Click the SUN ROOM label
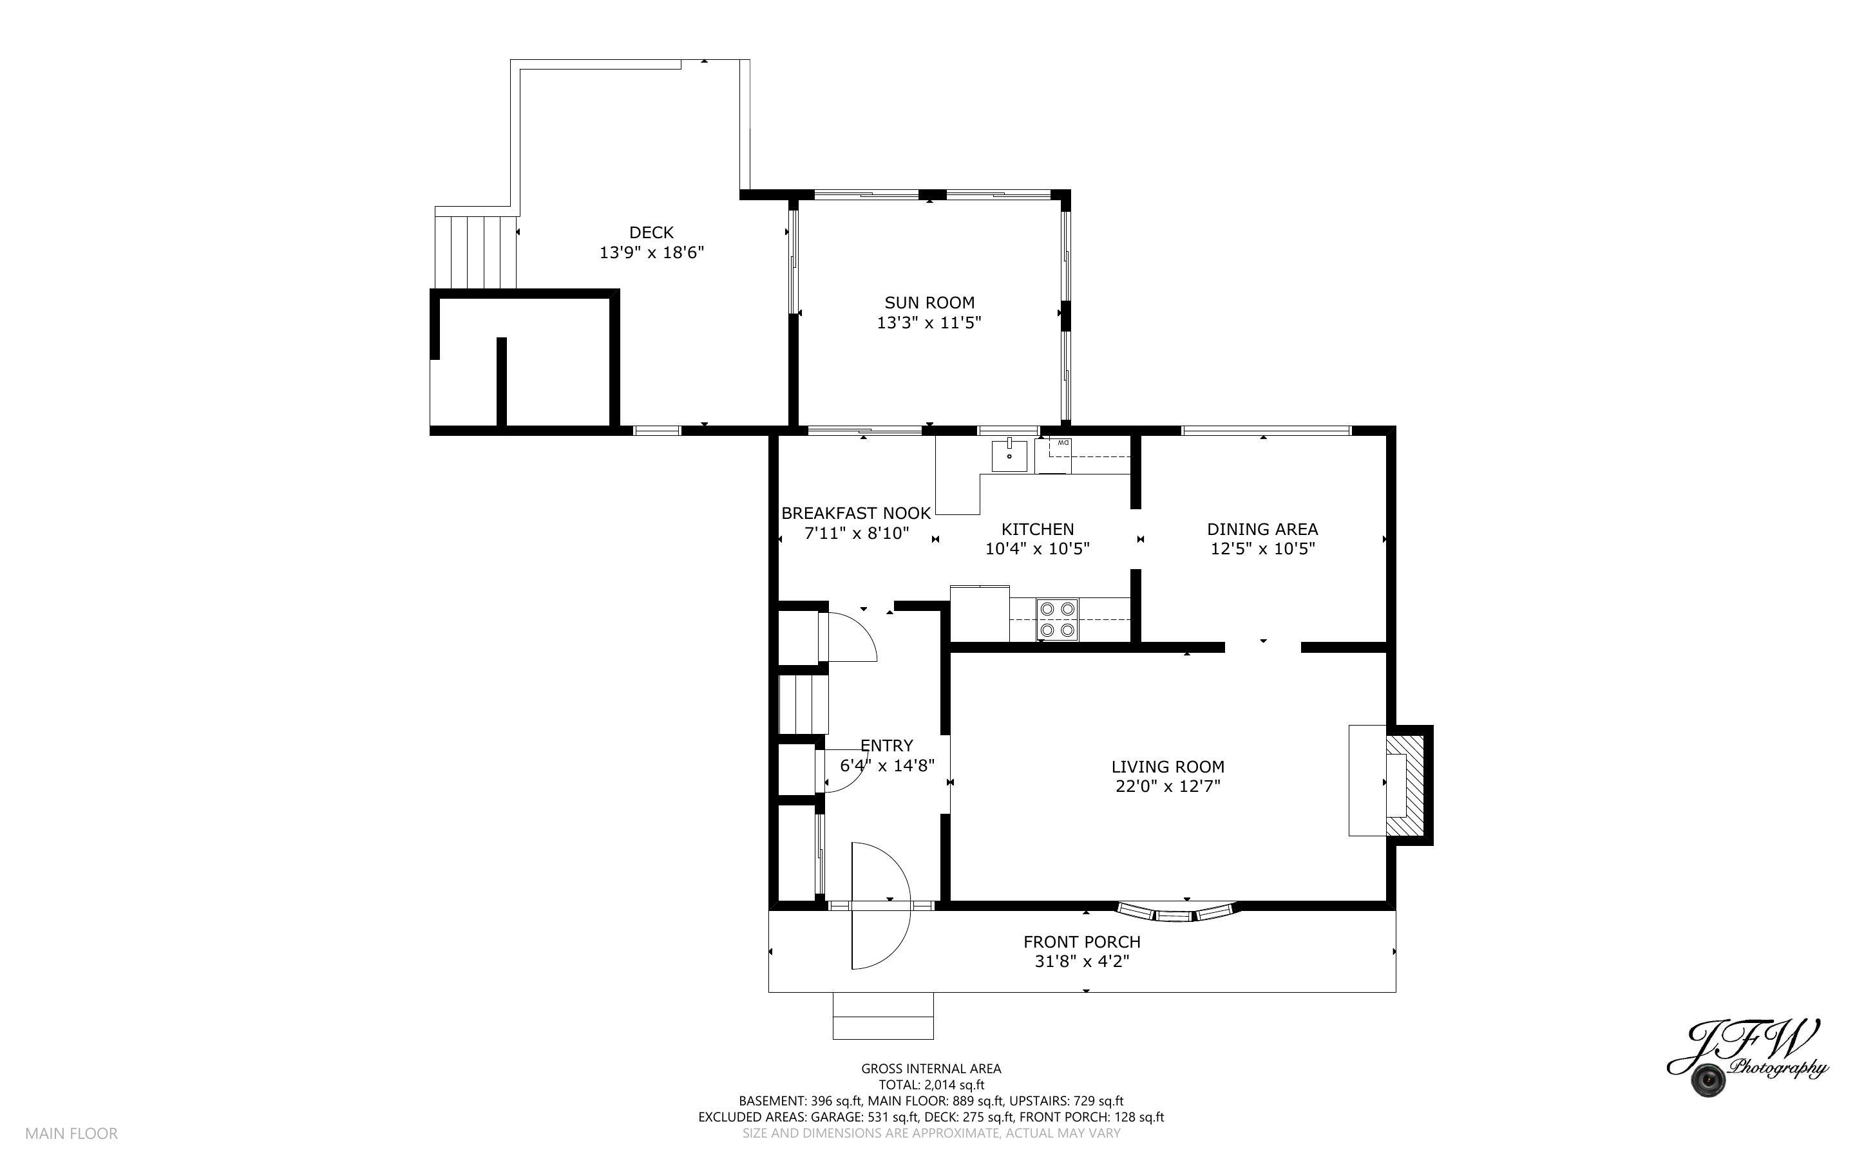pyautogui.click(x=929, y=303)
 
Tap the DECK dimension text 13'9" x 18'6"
pyautogui.click(x=651, y=252)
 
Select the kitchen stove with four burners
pyautogui.click(x=1057, y=619)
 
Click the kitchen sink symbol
pyautogui.click(x=1009, y=456)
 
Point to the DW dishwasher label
pyautogui.click(x=1063, y=444)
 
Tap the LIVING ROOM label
pyautogui.click(x=1167, y=767)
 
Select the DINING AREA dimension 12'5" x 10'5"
pyautogui.click(x=1262, y=549)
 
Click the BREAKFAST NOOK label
pyautogui.click(x=855, y=512)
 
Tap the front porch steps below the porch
pyautogui.click(x=882, y=1016)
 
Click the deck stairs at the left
pyautogui.click(x=475, y=251)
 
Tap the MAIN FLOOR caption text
pyautogui.click(x=71, y=1133)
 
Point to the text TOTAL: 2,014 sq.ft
pyautogui.click(x=931, y=1085)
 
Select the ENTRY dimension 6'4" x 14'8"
pyautogui.click(x=887, y=765)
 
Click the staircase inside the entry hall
pyautogui.click(x=803, y=704)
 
